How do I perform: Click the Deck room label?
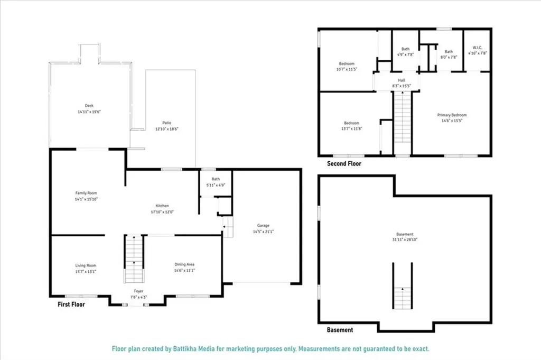coord(89,105)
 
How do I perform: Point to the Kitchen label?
coord(162,206)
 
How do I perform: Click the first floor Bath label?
coord(215,179)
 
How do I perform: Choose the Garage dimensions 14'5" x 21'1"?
coord(264,231)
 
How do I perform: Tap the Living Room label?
coord(85,265)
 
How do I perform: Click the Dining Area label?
coord(185,264)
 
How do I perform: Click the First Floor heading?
coord(71,304)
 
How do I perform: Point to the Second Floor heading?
coord(344,164)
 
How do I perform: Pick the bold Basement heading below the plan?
coord(339,330)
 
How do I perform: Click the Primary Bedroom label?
coord(452,115)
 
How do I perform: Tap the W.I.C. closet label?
coord(478,47)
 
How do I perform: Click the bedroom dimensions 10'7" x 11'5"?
coord(347,69)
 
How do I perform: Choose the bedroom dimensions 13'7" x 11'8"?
coord(351,128)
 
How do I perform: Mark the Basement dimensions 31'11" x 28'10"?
coord(405,239)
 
